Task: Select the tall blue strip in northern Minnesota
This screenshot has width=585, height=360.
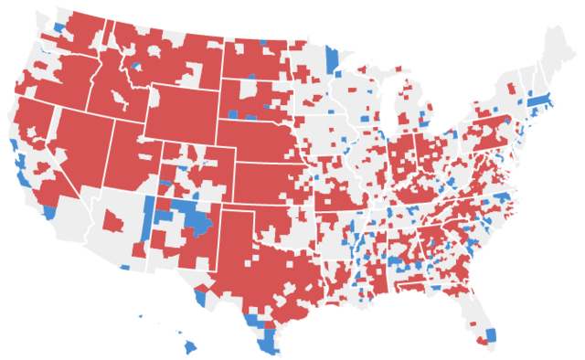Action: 332,60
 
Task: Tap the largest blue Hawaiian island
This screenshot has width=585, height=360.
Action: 191,347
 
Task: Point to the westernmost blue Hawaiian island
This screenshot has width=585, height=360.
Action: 141,317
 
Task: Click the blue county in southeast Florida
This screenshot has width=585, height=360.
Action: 491,334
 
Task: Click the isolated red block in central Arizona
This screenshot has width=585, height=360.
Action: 114,221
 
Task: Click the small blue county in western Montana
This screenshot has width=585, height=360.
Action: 136,65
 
